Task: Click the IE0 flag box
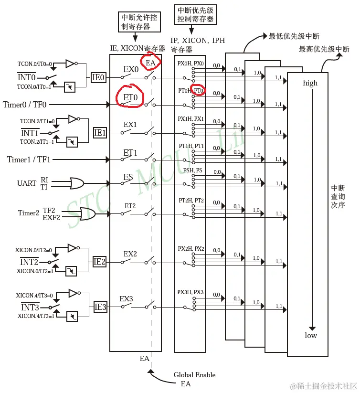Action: pos(98,76)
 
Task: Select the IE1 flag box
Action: pos(100,132)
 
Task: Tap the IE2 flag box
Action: pos(100,261)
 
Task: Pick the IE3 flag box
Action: pos(100,307)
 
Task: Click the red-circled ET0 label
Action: pos(130,97)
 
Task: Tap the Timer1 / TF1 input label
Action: pos(29,159)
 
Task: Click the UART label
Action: pos(27,183)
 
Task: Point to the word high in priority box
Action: pos(310,83)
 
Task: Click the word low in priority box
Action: pos(311,335)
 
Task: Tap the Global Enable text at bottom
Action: pos(194,375)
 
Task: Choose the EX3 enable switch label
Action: pos(126,299)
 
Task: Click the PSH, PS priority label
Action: pos(193,170)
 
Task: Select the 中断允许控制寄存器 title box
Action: pos(139,22)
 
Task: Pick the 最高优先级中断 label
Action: pos(324,49)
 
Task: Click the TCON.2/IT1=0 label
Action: pos(37,121)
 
